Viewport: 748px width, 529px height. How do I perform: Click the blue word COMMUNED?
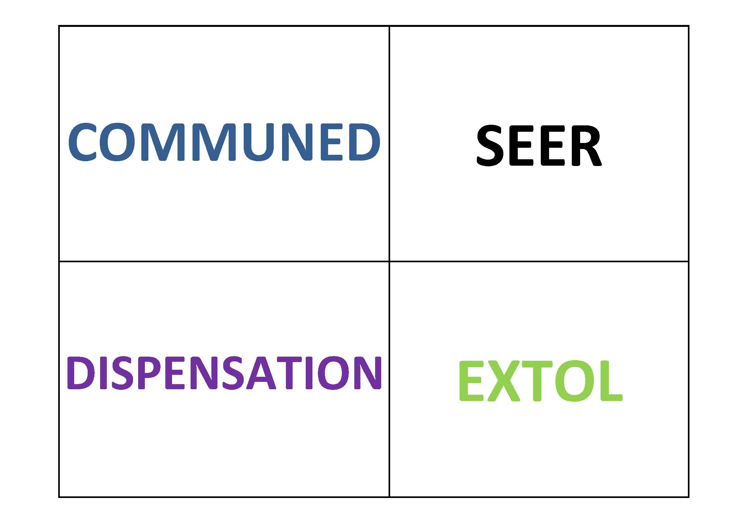(224, 142)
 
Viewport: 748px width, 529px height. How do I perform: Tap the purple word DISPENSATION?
(224, 372)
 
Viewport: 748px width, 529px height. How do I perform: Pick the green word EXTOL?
(541, 381)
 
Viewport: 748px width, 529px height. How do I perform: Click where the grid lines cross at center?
(389, 261)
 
